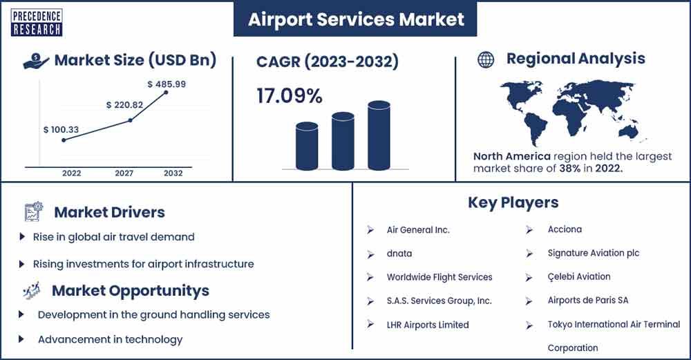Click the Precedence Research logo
pyautogui.click(x=36, y=23)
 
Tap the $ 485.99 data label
pyautogui.click(x=167, y=84)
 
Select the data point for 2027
pyautogui.click(x=130, y=120)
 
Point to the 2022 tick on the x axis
pyautogui.click(x=71, y=173)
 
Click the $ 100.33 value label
pyautogui.click(x=61, y=129)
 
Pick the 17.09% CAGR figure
pyautogui.click(x=289, y=95)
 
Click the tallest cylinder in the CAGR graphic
pyautogui.click(x=379, y=135)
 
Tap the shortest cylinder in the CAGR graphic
pyautogui.click(x=307, y=146)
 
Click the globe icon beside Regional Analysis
pyautogui.click(x=486, y=59)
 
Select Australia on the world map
pyautogui.click(x=629, y=131)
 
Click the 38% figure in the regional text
pyautogui.click(x=569, y=168)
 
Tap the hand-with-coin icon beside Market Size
pyautogui.click(x=36, y=61)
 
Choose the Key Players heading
pyautogui.click(x=513, y=202)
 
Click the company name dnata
pyautogui.click(x=399, y=254)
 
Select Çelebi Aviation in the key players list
pyautogui.click(x=579, y=276)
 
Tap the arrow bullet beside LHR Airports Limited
pyautogui.click(x=370, y=324)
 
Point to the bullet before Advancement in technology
pyautogui.click(x=21, y=339)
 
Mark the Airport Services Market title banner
pyautogui.click(x=355, y=19)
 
